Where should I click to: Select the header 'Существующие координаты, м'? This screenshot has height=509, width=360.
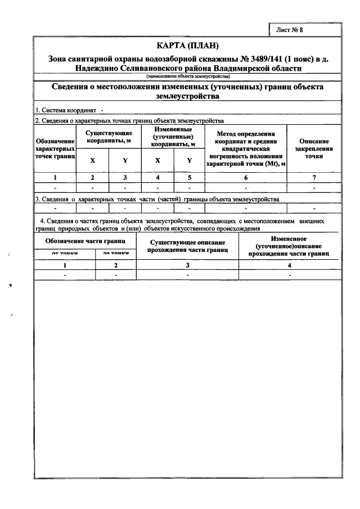109,137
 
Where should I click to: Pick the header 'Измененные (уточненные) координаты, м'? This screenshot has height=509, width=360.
173,137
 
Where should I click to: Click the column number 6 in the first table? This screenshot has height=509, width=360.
245,177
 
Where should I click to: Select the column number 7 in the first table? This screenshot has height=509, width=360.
314,177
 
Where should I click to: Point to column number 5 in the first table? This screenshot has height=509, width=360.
190,177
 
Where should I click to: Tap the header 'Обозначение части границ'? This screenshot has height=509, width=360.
85,241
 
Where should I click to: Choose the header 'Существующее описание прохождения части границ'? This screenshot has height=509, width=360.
188,245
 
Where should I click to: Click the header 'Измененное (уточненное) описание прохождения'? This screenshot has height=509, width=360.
289,246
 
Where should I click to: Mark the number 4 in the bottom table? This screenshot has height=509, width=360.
289,264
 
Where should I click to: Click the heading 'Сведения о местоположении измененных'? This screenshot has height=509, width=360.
187,92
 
